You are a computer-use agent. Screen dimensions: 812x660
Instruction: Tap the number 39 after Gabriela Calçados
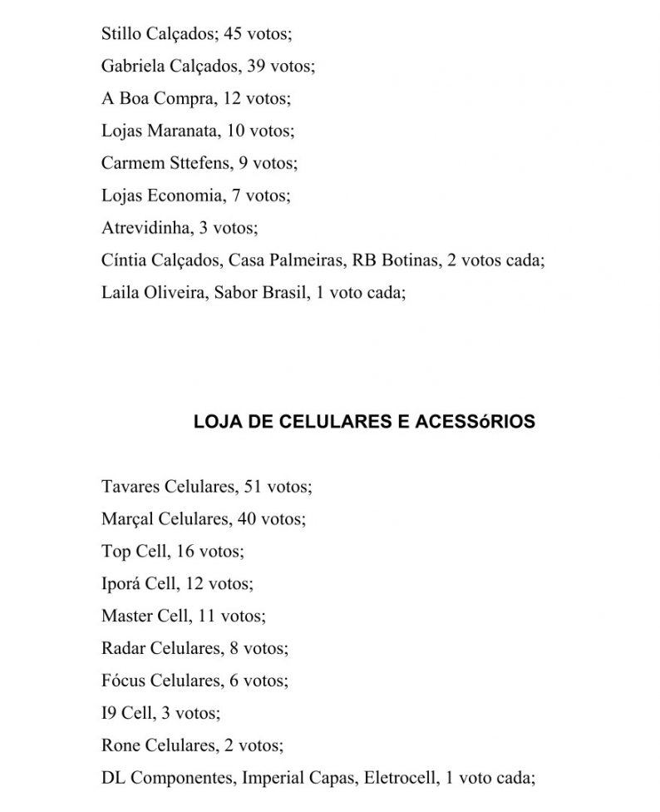point(256,67)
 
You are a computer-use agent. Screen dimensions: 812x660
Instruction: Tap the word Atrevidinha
point(145,229)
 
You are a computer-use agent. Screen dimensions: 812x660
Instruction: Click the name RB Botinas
point(395,261)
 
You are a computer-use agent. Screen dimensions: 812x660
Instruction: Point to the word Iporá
point(121,584)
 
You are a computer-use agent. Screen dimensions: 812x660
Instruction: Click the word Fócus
point(123,681)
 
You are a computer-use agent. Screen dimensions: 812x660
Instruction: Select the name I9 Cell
point(126,714)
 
